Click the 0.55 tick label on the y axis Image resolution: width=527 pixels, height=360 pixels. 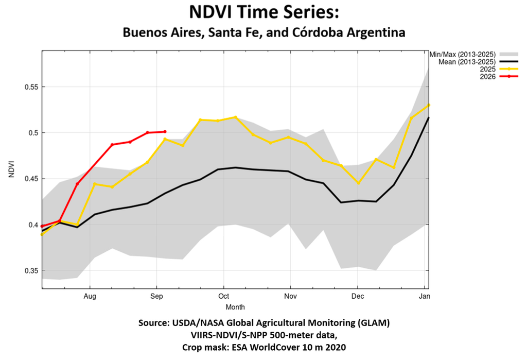coord(31,87)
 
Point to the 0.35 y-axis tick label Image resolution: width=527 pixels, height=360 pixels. coord(31,270)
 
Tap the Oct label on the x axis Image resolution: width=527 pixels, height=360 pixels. coord(223,296)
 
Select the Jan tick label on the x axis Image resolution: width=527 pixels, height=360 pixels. coord(425,296)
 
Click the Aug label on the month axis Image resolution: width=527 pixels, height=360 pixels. coord(90,296)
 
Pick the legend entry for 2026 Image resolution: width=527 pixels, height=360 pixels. coord(499,77)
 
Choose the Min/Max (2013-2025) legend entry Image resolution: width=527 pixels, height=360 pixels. coord(473,54)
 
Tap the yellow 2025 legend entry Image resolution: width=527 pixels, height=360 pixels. coord(499,70)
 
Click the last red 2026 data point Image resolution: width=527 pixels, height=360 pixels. coord(165,131)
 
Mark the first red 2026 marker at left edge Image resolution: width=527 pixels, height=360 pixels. coord(42,226)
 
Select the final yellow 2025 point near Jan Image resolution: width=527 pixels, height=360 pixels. coord(429,105)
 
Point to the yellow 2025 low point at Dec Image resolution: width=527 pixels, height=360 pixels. coord(358,183)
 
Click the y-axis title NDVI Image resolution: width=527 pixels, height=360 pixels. coord(12,169)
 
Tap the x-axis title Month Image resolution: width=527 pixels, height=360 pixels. coord(235,307)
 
